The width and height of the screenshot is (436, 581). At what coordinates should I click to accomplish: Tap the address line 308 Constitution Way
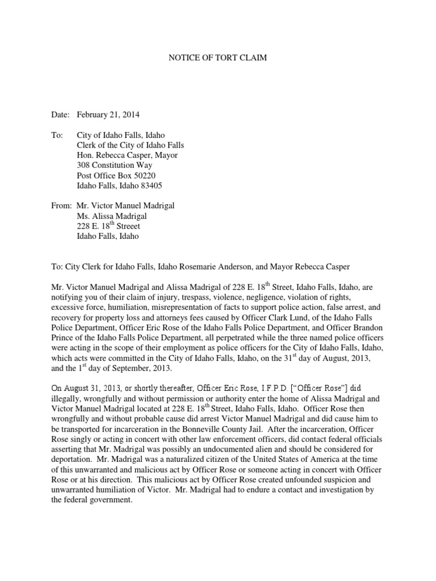(x=114, y=165)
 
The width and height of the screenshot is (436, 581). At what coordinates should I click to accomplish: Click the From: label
(x=60, y=205)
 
